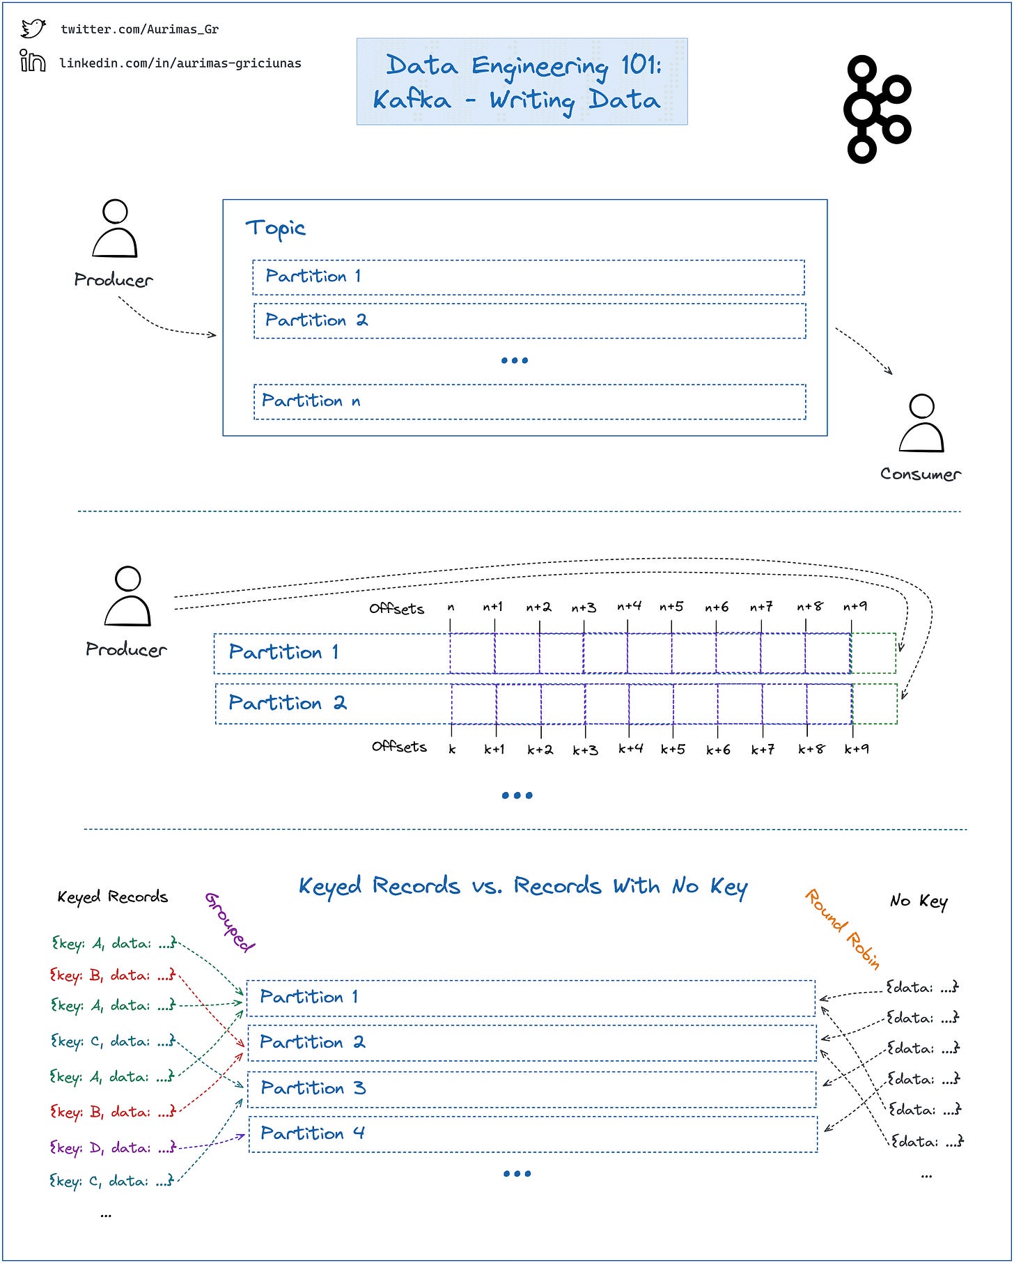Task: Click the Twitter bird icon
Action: [33, 29]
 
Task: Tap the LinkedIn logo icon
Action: [33, 61]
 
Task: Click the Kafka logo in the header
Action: [877, 109]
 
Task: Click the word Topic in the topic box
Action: [275, 228]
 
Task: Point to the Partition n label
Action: [311, 401]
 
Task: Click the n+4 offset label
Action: [629, 607]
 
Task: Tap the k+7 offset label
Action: [762, 750]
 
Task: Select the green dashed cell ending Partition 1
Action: [873, 653]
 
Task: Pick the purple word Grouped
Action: [230, 921]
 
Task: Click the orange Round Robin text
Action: [843, 929]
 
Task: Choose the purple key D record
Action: [112, 1147]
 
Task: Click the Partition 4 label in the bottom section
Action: [312, 1133]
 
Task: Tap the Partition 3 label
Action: [313, 1087]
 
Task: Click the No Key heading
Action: [919, 901]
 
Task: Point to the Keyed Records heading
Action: [112, 897]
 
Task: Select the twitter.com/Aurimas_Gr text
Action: [139, 29]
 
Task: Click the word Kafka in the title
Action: [412, 100]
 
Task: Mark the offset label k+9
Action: [856, 750]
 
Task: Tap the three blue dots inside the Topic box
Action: [515, 360]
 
